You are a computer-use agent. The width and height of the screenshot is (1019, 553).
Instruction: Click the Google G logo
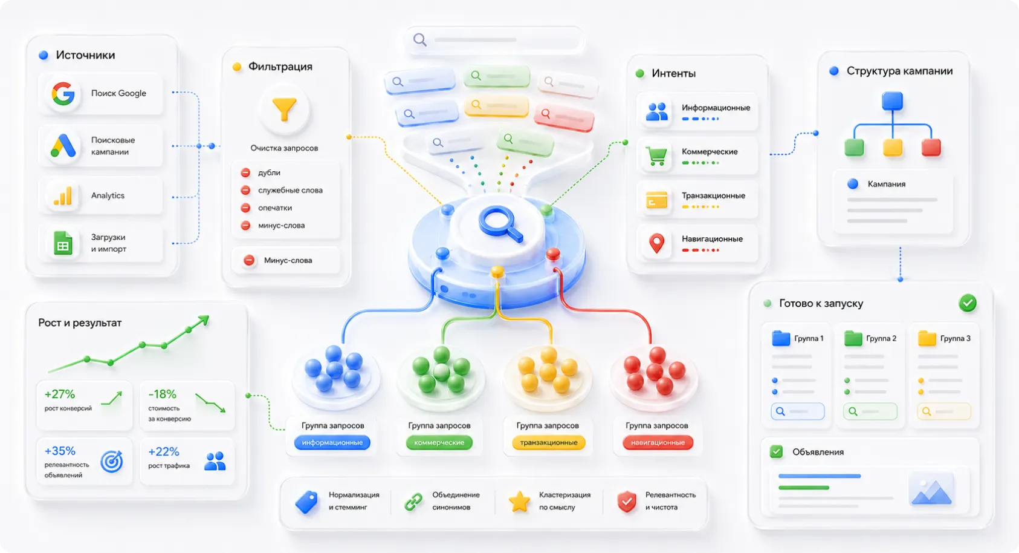pos(63,93)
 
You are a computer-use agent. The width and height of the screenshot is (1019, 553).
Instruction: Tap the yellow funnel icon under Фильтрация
pos(284,110)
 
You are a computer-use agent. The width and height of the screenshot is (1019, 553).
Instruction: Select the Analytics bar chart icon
pos(63,195)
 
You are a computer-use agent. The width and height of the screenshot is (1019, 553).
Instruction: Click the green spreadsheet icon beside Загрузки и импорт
pos(63,243)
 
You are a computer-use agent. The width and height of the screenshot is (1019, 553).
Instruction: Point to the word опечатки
pos(275,208)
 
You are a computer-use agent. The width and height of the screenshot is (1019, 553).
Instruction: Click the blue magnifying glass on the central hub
pos(500,224)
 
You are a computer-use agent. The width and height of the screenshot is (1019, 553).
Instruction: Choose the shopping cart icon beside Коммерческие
pos(656,155)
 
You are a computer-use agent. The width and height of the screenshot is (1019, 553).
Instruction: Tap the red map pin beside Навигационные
pos(656,243)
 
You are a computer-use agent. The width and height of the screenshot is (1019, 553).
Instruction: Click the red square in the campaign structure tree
pos(931,148)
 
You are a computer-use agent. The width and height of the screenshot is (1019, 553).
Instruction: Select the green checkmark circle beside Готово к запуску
pos(968,303)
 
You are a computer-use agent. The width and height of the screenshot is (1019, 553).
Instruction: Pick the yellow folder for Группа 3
pos(927,338)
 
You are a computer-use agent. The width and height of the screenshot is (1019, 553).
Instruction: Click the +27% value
pos(60,394)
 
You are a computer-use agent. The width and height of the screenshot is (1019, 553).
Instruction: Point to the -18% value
pos(163,394)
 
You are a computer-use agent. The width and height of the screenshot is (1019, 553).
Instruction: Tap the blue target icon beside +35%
pos(111,462)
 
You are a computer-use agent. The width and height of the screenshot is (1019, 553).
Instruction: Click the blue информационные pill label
pos(332,442)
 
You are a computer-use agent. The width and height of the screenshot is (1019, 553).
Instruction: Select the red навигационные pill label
pos(658,442)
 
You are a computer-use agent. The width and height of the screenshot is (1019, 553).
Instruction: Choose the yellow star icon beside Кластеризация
pos(519,502)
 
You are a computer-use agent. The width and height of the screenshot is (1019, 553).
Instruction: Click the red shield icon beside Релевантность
pos(626,502)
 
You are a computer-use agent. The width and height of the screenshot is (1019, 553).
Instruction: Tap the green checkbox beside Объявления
pos(776,451)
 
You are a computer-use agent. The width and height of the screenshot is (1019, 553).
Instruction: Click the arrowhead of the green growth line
pos(204,320)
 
